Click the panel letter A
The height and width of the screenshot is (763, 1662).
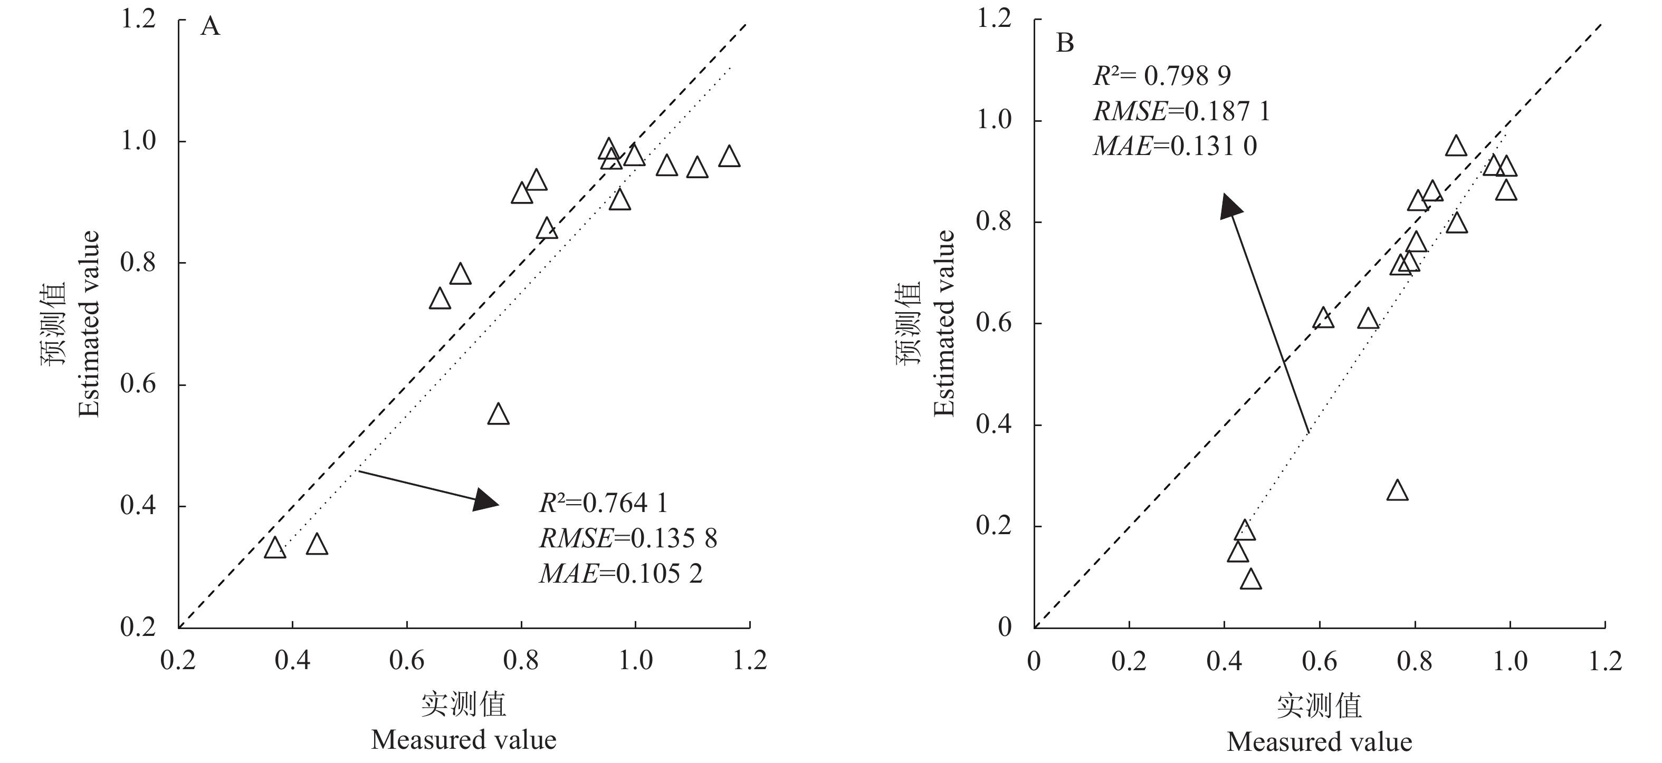tap(211, 27)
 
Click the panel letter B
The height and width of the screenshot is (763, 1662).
tap(1065, 44)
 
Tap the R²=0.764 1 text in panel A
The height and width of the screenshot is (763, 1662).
tap(603, 503)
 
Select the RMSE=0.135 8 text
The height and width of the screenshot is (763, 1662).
tap(628, 538)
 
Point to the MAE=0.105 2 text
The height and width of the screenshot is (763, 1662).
tap(620, 573)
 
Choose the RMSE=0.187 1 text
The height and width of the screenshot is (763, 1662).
tap(1181, 112)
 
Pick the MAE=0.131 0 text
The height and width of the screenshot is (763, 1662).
tap(1175, 147)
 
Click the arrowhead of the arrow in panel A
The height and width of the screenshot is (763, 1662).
tap(486, 500)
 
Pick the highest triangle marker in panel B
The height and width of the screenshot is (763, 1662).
tap(1456, 147)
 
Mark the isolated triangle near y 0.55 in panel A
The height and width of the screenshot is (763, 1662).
tap(498, 414)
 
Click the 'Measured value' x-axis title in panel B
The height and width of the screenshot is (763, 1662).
tap(1320, 742)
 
